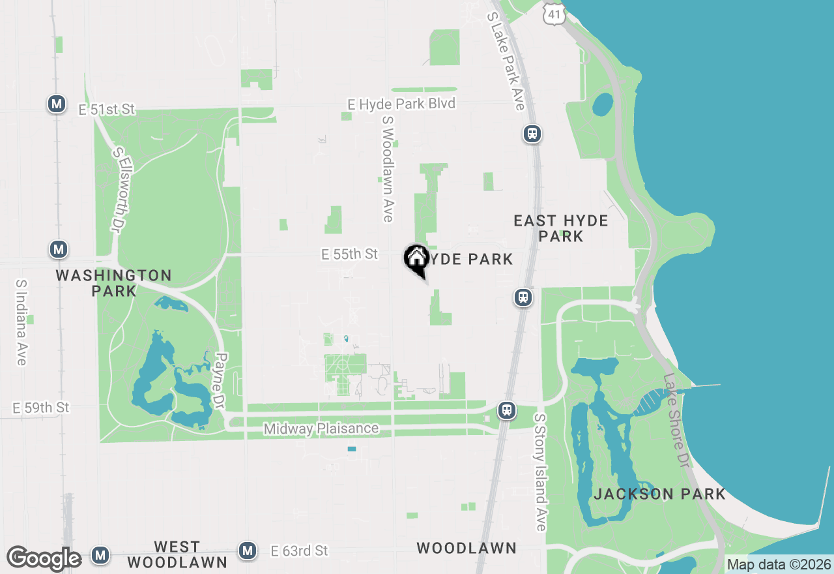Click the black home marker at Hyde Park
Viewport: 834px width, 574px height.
point(416,258)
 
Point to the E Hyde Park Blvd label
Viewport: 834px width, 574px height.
point(401,104)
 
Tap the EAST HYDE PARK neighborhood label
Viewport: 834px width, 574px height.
point(561,228)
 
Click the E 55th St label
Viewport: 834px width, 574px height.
point(349,254)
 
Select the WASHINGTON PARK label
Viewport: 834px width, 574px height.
point(114,282)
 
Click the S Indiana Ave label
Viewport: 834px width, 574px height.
point(21,323)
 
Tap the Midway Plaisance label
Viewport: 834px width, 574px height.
point(321,429)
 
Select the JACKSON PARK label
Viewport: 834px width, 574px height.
point(659,494)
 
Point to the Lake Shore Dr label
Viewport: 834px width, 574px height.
point(676,419)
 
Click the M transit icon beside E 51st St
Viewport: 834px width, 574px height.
point(57,103)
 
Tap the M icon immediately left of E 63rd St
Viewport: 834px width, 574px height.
point(247,551)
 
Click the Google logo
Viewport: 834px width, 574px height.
point(44,558)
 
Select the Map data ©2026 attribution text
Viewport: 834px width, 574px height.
point(779,564)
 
